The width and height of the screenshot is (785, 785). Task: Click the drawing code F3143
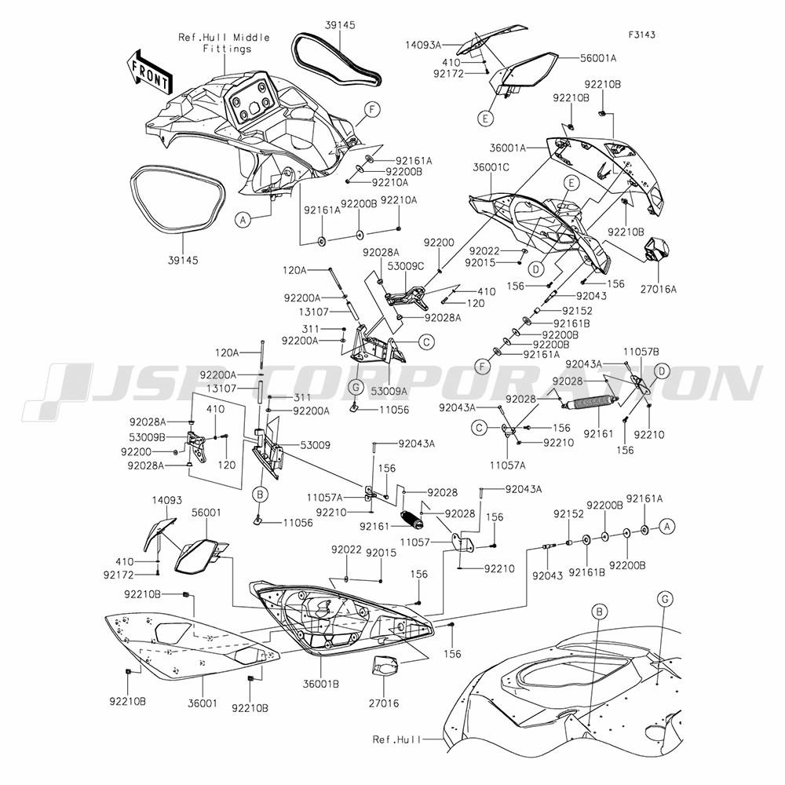[642, 35]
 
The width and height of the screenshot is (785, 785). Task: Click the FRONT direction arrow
[149, 72]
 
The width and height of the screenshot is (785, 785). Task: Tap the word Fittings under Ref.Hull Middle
[227, 49]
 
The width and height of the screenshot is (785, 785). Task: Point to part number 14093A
[423, 46]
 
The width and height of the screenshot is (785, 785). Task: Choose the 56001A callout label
[597, 59]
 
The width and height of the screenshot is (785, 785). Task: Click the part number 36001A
[508, 148]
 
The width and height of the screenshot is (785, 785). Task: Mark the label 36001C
[491, 167]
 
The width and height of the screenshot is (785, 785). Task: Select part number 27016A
[658, 289]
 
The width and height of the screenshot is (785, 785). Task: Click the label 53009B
[147, 437]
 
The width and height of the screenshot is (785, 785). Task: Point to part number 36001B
[321, 684]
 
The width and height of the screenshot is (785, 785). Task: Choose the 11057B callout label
[641, 352]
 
